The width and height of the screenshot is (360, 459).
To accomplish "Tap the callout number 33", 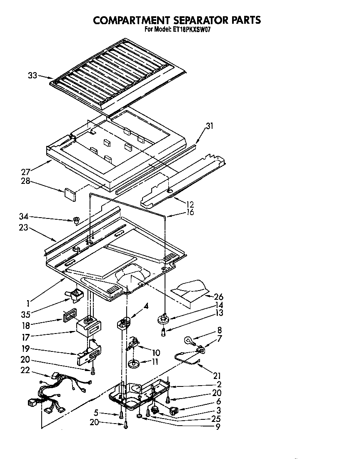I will pyautogui.click(x=32, y=75).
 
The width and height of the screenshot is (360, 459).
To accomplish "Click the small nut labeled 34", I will pyautogui.click(x=76, y=219).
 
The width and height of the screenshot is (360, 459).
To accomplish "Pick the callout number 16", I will pyautogui.click(x=190, y=213).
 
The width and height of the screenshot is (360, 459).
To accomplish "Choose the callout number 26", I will pyautogui.click(x=218, y=297).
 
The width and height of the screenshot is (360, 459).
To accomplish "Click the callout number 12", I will pyautogui.click(x=190, y=205).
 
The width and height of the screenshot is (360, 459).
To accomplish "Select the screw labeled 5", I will pyautogui.click(x=121, y=415).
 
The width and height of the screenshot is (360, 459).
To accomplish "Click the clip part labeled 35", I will pyautogui.click(x=75, y=296).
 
